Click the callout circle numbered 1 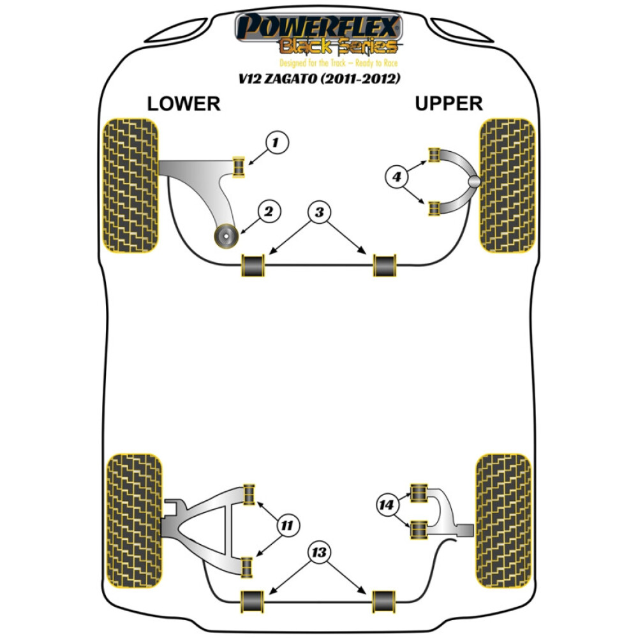(x=277, y=142)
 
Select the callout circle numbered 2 (x=269, y=211)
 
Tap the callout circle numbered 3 (x=320, y=212)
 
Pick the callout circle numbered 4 (x=396, y=177)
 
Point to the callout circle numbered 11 (x=287, y=525)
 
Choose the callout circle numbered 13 (x=319, y=552)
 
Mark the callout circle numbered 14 (x=387, y=505)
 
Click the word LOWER (x=184, y=104)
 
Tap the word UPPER (x=449, y=103)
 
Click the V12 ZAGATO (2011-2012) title (x=320, y=78)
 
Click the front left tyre (x=130, y=186)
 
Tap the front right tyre (x=507, y=186)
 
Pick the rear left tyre (x=134, y=521)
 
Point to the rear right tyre (x=504, y=521)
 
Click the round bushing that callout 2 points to (x=226, y=236)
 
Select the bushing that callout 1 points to (x=239, y=167)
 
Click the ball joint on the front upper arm (x=474, y=181)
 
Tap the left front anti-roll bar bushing (x=253, y=265)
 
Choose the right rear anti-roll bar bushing (x=384, y=602)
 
